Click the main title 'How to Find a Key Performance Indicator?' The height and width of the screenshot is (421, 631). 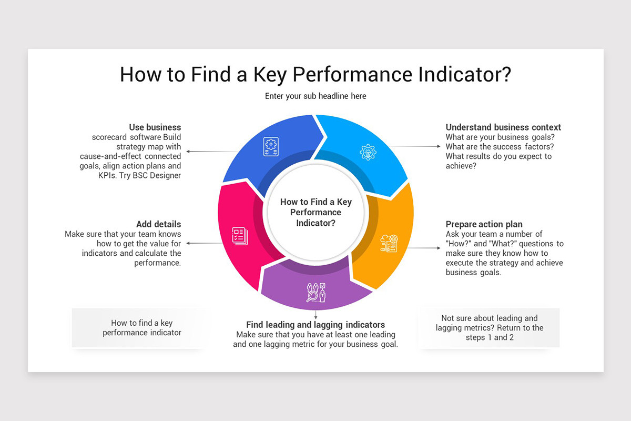pos(315,74)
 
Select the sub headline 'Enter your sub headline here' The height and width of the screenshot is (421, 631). pos(315,96)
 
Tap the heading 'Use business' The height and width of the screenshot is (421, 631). pos(155,127)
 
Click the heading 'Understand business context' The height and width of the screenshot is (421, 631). pos(503,127)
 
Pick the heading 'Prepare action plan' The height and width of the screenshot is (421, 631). pos(484,224)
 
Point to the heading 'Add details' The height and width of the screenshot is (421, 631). pos(158,224)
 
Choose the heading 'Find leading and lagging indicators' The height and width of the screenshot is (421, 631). pos(315,325)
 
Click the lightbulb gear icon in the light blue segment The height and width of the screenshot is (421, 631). pos(368,152)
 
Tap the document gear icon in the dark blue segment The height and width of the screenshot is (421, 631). pos(271,146)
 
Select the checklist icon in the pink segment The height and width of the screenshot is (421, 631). pos(240,235)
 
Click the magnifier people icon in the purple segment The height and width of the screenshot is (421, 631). pos(316,292)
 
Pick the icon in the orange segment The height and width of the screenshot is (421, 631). pos(389,243)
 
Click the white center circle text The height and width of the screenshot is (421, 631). pos(315,213)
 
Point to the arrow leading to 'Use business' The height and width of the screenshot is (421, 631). pos(210,152)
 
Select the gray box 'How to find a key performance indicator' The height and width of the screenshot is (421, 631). pos(141,328)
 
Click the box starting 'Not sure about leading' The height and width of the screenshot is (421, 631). pos(489,328)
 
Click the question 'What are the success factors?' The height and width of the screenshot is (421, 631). pos(500,147)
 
